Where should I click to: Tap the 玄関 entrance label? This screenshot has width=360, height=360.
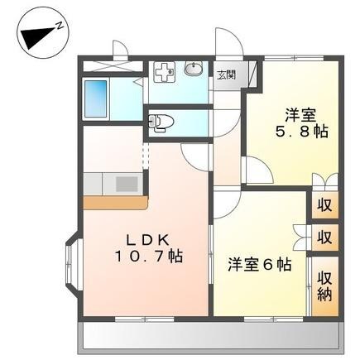[226, 74]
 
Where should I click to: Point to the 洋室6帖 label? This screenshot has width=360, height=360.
[260, 265]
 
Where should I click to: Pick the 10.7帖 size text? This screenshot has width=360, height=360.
[148, 257]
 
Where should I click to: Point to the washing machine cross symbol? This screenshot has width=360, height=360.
[164, 71]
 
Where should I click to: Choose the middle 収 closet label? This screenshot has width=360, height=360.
[324, 238]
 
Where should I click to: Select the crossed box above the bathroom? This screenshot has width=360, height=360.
[105, 63]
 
